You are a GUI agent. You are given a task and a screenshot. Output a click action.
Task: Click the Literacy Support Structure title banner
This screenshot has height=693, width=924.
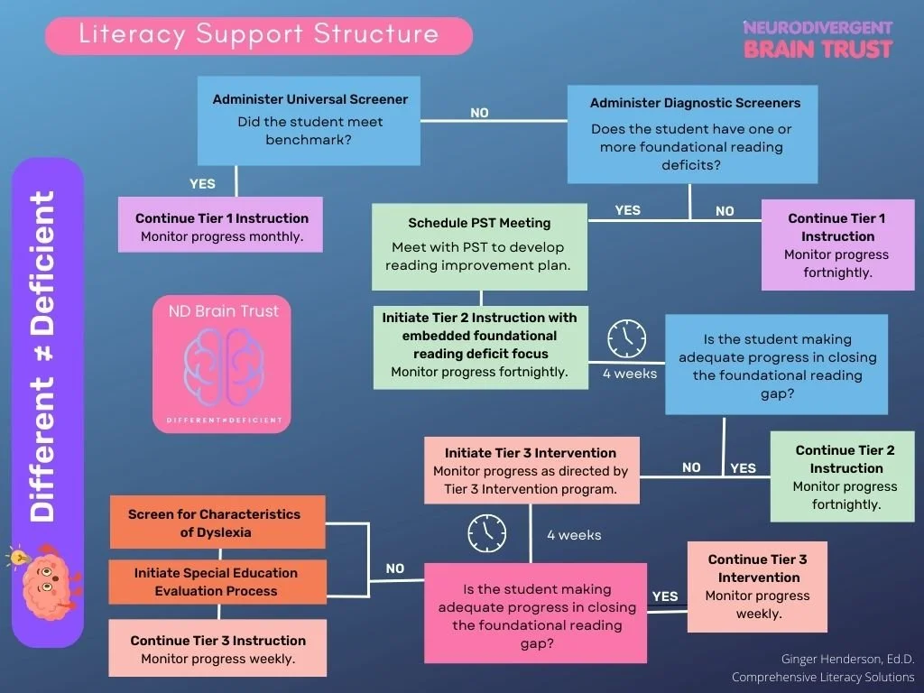click(x=259, y=35)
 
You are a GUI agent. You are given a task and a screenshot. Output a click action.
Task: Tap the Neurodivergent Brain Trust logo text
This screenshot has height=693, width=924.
click(x=818, y=39)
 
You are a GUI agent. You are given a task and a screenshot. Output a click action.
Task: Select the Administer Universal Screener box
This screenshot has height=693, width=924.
click(x=310, y=121)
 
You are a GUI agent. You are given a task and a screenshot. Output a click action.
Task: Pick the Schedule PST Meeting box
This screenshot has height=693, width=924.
click(x=479, y=246)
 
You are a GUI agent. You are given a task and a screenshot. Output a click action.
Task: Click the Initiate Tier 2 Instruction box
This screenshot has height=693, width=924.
click(x=479, y=347)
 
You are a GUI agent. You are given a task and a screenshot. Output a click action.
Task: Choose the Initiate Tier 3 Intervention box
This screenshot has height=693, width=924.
click(x=531, y=470)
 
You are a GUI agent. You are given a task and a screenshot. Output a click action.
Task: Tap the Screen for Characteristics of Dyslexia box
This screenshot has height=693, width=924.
click(x=217, y=522)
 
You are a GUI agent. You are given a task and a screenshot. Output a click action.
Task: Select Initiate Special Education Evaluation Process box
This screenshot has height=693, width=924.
click(x=217, y=582)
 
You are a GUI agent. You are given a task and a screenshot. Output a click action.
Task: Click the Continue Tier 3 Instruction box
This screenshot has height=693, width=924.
click(x=217, y=650)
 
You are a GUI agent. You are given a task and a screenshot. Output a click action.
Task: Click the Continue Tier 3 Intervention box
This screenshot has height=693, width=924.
click(x=757, y=586)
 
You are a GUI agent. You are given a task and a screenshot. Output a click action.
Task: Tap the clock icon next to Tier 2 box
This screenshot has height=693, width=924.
click(x=626, y=338)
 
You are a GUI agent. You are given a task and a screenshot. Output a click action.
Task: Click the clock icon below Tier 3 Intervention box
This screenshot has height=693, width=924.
click(x=486, y=533)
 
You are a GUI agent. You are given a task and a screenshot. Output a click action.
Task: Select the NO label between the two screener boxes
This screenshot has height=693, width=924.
click(x=479, y=113)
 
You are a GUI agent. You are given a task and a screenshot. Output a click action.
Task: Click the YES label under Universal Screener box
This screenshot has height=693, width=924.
click(x=202, y=183)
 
